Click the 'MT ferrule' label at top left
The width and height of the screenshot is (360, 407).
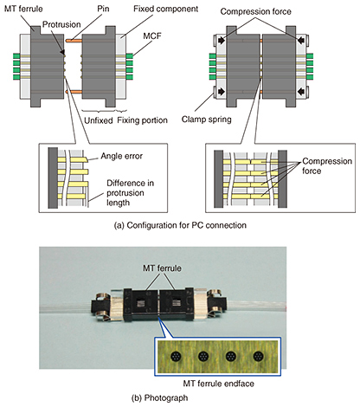(x=23, y=9)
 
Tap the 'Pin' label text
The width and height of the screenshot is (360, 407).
(x=103, y=9)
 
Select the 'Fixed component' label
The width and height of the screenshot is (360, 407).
(x=165, y=9)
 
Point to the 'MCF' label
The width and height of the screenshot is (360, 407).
(x=152, y=36)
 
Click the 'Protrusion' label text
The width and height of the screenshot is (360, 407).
(x=61, y=24)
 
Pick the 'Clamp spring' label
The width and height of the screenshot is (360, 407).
(x=207, y=120)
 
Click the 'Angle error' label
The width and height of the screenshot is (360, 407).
(x=121, y=156)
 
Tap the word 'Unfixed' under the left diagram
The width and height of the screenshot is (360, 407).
(x=99, y=120)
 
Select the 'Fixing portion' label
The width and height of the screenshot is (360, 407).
(x=142, y=120)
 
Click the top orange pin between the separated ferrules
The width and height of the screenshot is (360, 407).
(x=74, y=41)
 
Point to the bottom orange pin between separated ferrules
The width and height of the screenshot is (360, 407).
(x=74, y=92)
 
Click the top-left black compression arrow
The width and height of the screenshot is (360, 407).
(x=222, y=41)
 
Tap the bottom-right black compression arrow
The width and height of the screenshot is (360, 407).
(x=301, y=92)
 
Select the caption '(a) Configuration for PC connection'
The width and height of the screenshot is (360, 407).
(x=180, y=225)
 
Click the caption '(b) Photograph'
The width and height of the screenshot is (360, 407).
(x=159, y=398)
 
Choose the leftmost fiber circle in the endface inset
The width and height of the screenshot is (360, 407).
(x=176, y=357)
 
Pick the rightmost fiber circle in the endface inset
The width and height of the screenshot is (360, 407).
(x=258, y=357)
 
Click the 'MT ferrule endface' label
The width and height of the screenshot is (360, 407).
(x=219, y=384)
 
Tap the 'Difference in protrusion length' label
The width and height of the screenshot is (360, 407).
(x=130, y=193)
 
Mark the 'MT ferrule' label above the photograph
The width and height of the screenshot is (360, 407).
(x=162, y=268)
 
